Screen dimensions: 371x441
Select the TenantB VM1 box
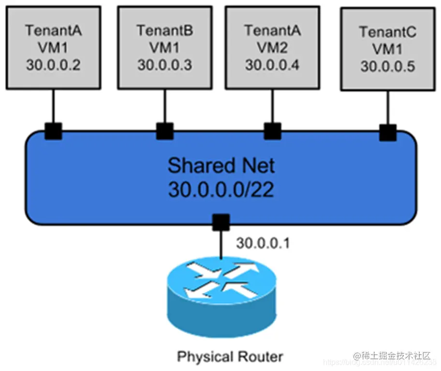(x=164, y=48)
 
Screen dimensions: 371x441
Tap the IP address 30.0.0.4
(x=272, y=65)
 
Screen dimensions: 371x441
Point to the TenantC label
(x=387, y=32)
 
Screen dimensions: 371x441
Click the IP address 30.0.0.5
(x=387, y=66)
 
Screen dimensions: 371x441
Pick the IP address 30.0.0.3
(x=164, y=65)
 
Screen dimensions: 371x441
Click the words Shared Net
(x=221, y=166)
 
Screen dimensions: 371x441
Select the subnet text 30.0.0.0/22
(x=221, y=190)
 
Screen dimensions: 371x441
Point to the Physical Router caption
(x=230, y=357)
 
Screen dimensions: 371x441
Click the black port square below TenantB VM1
(x=164, y=130)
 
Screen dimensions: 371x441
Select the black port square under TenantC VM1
(x=387, y=132)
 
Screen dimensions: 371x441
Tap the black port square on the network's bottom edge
(x=221, y=223)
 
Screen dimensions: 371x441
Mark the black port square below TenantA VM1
(x=53, y=130)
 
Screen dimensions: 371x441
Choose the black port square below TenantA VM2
(x=272, y=130)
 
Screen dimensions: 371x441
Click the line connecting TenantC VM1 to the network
(x=387, y=107)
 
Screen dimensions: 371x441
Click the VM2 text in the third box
(x=272, y=48)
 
